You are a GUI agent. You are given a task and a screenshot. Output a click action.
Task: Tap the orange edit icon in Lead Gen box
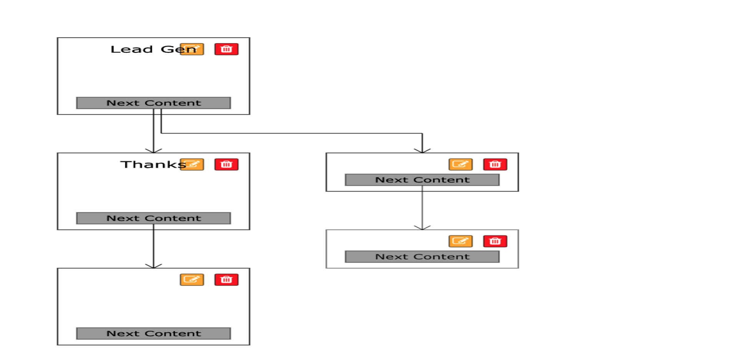(192, 49)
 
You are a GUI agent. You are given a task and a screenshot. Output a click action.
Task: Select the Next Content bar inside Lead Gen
(153, 103)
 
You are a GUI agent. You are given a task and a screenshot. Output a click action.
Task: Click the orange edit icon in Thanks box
(192, 165)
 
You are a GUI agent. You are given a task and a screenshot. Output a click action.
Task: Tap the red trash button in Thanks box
(226, 165)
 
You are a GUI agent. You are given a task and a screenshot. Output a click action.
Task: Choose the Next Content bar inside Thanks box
(153, 218)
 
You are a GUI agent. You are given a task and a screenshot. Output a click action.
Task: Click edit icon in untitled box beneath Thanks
(192, 280)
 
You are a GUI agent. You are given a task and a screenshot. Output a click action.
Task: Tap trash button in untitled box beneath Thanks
(226, 280)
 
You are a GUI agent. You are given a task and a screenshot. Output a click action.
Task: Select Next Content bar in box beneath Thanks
(153, 333)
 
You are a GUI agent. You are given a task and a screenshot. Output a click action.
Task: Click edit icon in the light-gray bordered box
(460, 241)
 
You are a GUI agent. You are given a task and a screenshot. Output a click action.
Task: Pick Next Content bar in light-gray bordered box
(422, 257)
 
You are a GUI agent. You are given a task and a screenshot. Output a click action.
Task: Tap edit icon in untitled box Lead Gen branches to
(460, 165)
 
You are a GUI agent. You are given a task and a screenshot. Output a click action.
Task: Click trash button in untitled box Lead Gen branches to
(495, 165)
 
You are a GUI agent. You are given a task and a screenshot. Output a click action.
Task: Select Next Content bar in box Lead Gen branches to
(422, 180)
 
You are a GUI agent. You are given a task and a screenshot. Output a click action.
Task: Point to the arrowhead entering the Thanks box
(153, 151)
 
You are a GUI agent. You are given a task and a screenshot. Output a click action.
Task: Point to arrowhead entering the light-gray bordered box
(422, 228)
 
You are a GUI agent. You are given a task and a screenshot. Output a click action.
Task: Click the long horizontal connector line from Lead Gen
(292, 133)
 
